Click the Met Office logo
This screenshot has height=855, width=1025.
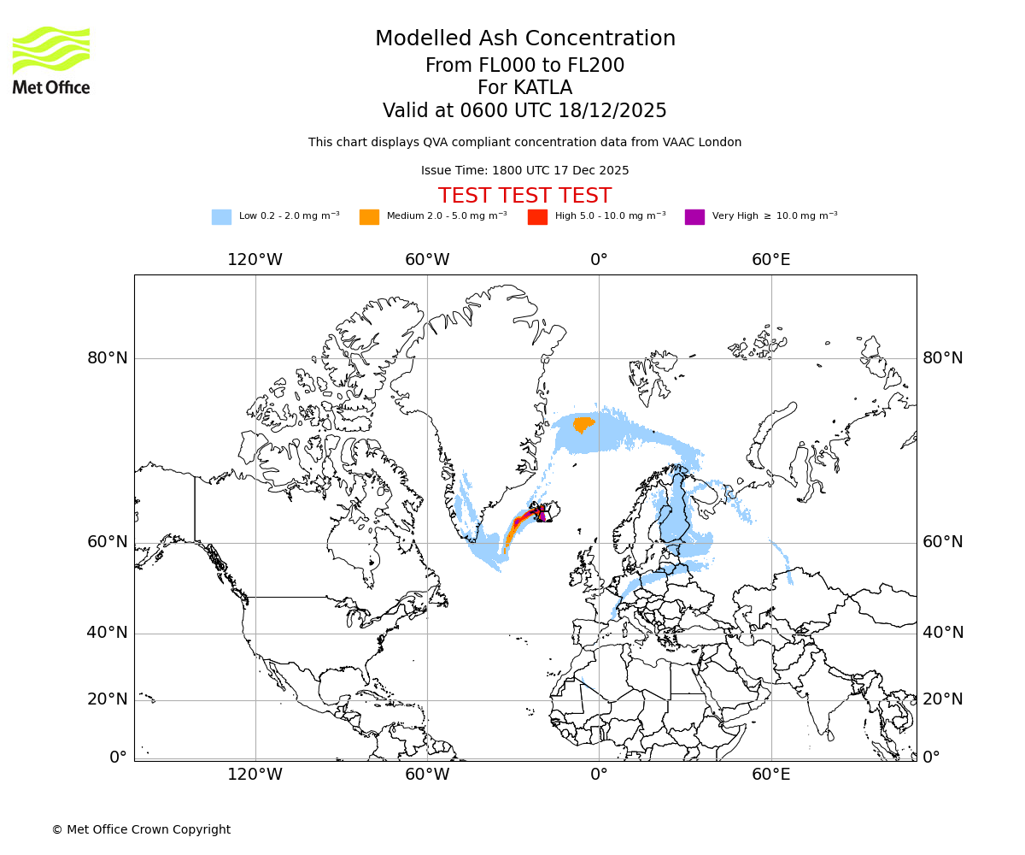(51, 60)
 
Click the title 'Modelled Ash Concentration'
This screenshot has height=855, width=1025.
(524, 39)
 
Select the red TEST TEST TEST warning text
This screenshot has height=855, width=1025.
(524, 196)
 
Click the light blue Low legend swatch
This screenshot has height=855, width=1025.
(221, 217)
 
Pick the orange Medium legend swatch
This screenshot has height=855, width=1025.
(369, 217)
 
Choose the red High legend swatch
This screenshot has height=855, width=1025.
(537, 217)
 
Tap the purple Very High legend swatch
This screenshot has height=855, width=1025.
(694, 217)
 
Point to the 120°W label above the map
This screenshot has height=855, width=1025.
(255, 260)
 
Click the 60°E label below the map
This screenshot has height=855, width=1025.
(770, 775)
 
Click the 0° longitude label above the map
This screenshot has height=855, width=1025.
(599, 260)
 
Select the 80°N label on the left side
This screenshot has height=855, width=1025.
(107, 358)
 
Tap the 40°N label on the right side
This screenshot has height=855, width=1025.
(943, 633)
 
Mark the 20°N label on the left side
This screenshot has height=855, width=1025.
(107, 699)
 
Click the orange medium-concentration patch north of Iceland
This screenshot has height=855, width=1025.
(583, 423)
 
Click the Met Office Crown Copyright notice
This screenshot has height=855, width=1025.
(141, 829)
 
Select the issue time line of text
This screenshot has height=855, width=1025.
(524, 170)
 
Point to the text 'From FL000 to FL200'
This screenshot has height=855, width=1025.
(524, 66)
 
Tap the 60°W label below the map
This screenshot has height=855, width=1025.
(427, 775)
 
